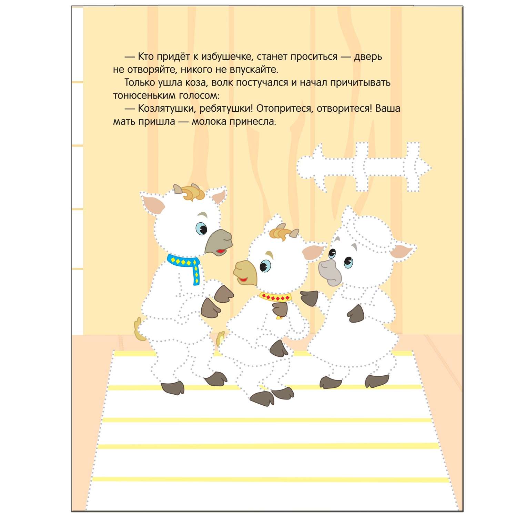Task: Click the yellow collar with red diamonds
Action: pos(275,297)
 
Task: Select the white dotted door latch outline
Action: pos(364,167)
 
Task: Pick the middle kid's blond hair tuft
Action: pos(280,232)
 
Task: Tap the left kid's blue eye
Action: pos(201,228)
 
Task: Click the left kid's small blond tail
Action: pos(139,329)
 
